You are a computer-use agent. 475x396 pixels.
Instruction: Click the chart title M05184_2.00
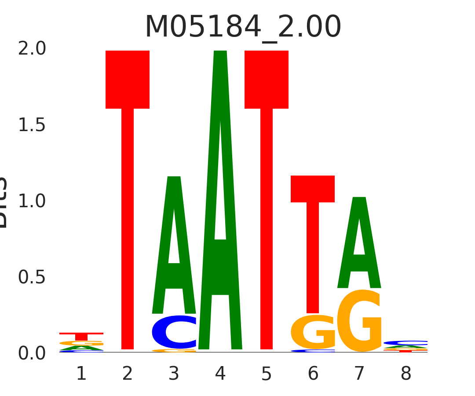(x=243, y=27)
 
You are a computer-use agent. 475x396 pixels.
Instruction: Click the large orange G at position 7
(x=359, y=321)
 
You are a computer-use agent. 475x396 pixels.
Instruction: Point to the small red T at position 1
(x=81, y=336)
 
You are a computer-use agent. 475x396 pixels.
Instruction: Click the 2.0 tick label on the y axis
(x=32, y=49)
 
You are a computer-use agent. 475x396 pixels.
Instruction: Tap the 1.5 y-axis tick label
(x=32, y=125)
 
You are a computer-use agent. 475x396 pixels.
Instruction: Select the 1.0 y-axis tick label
(x=32, y=202)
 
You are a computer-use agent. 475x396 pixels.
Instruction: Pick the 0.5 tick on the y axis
(x=32, y=277)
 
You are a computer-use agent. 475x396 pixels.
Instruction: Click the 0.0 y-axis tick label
(x=32, y=353)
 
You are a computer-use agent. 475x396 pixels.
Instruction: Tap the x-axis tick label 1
(x=81, y=374)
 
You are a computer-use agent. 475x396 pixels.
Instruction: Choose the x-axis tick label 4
(x=220, y=374)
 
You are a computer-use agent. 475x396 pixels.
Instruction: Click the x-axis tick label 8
(x=406, y=374)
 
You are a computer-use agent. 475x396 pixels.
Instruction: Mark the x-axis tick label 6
(x=313, y=374)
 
